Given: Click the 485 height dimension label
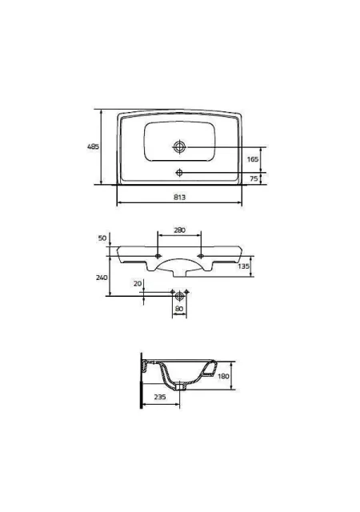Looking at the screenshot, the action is (93, 146).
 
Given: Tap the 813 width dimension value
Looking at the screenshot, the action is (180, 198).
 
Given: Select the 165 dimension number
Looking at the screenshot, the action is (253, 159).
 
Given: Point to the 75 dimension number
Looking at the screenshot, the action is (254, 178).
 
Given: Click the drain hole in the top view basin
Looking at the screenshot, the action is (179, 146).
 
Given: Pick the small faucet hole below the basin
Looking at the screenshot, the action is (179, 172).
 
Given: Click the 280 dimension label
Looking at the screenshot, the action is (179, 230).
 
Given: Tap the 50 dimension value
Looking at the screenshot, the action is (102, 238).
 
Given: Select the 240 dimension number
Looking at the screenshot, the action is (102, 278).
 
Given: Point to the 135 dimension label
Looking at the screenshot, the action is (244, 266).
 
